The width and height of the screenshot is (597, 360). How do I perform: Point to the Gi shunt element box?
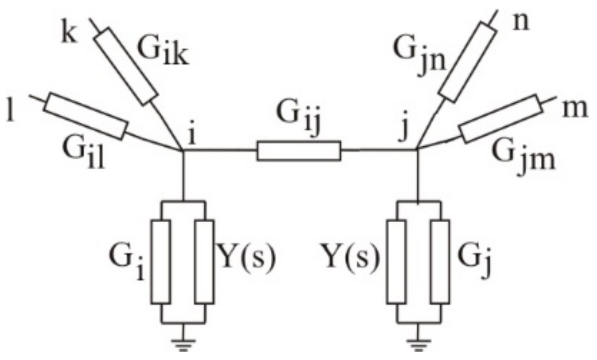tap(162, 261)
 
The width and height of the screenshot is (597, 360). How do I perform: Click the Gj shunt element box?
tap(440, 261)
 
